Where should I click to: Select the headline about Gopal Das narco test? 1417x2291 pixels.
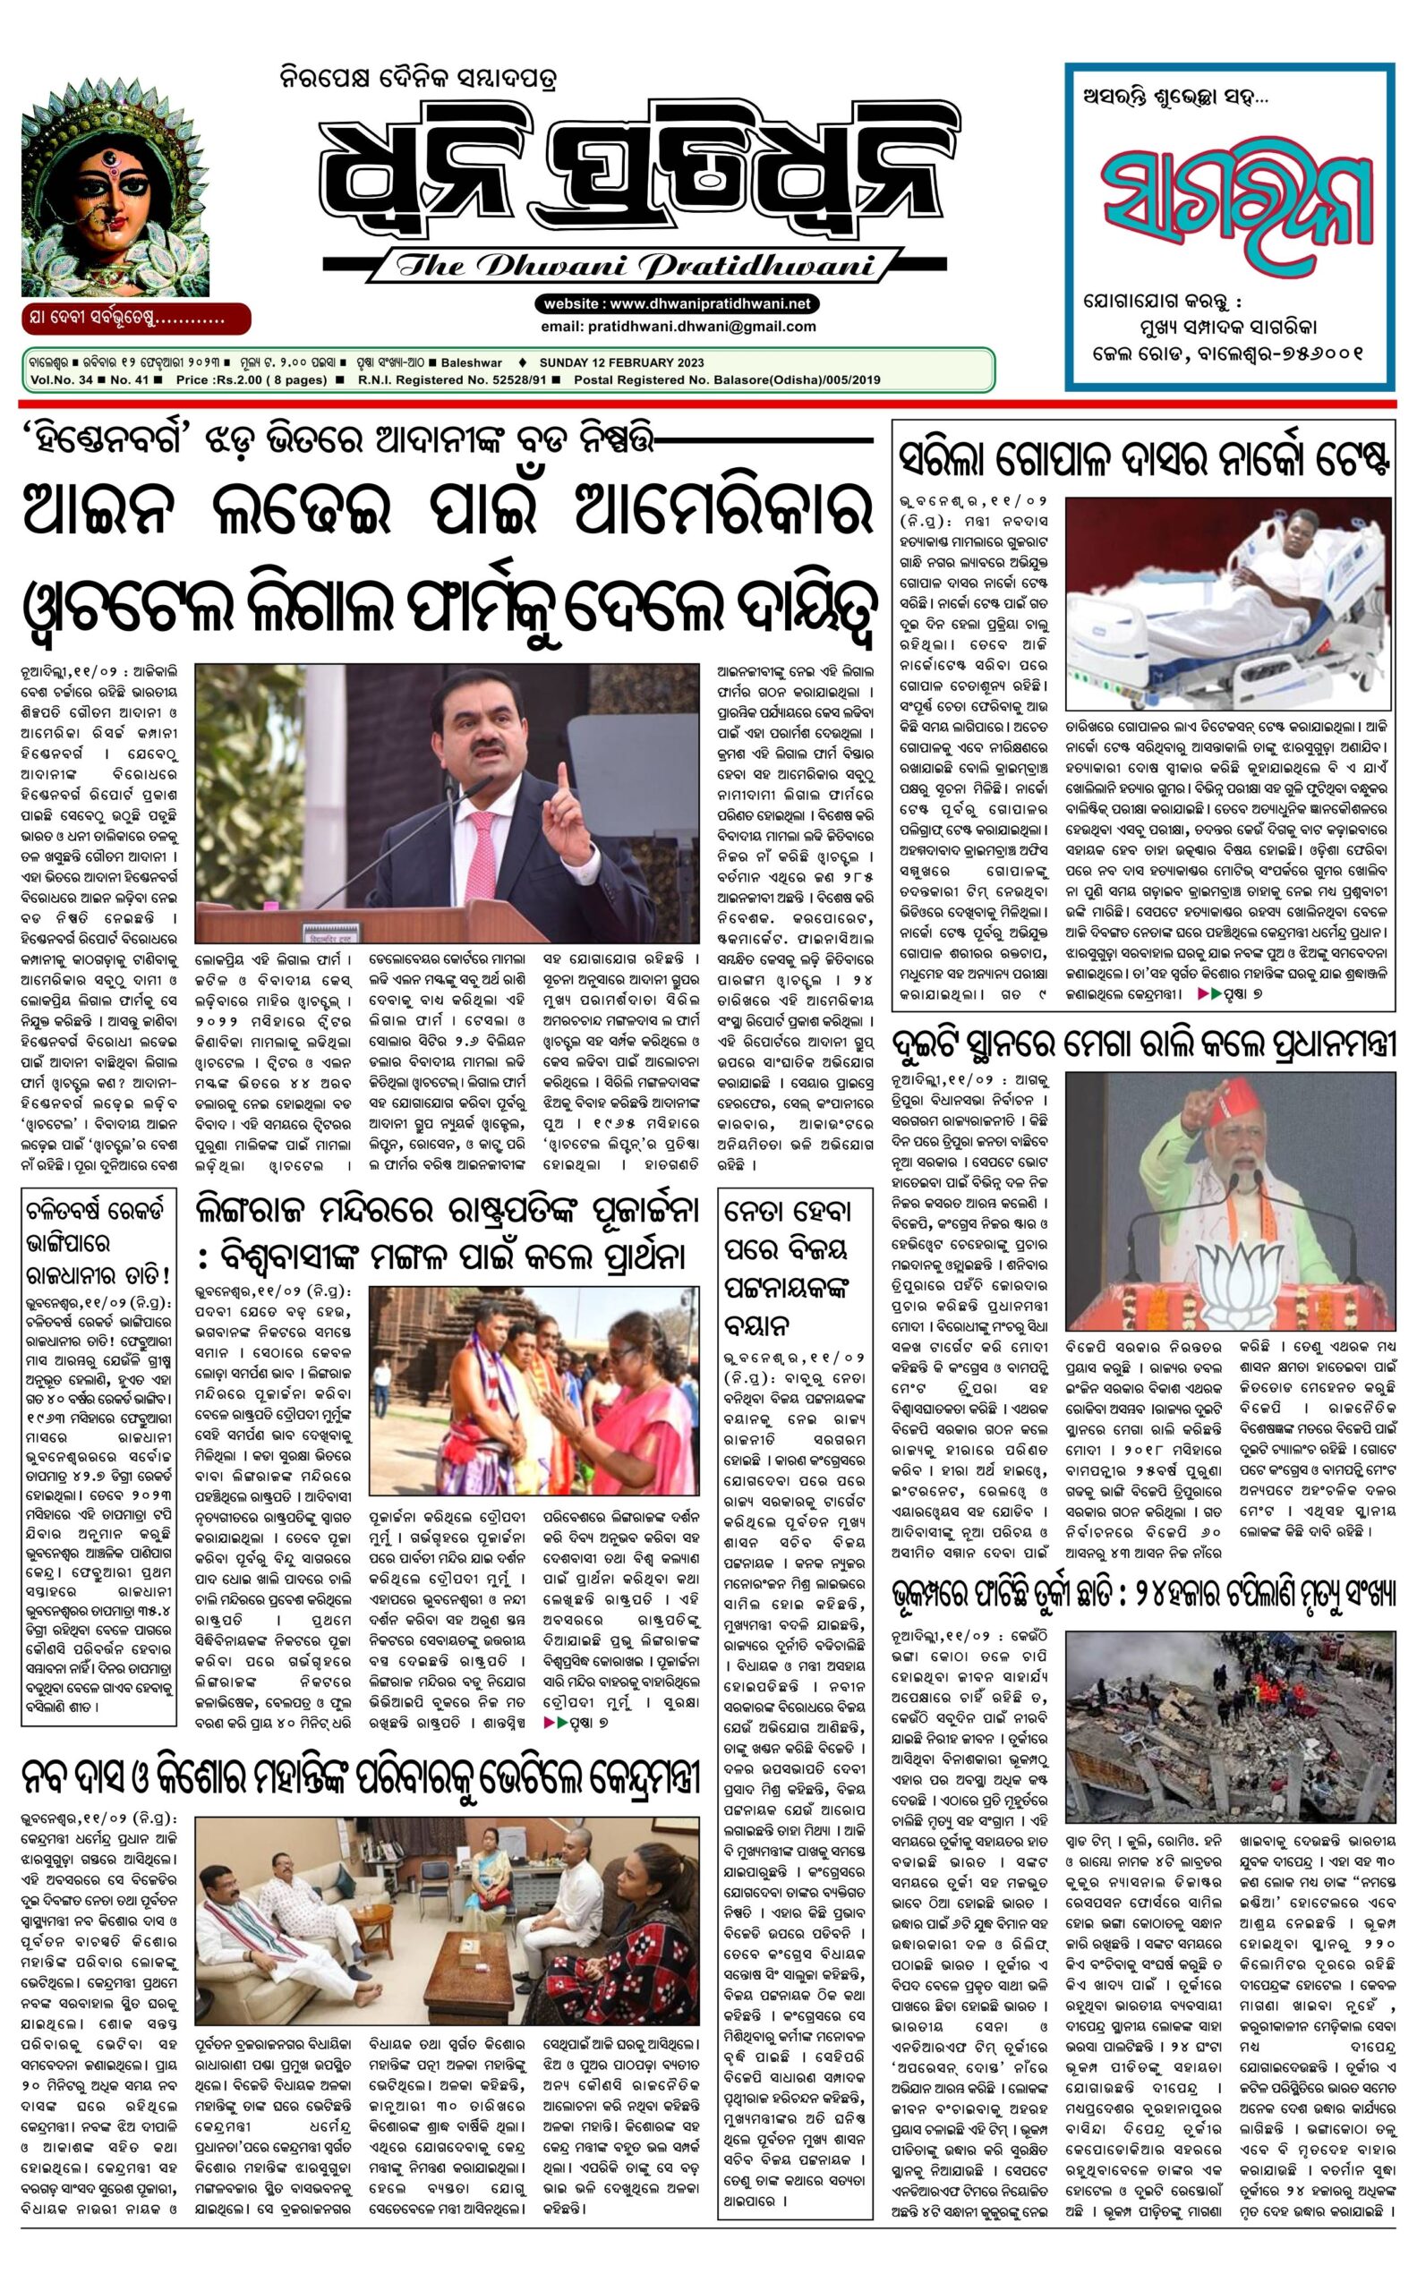tap(1142, 460)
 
